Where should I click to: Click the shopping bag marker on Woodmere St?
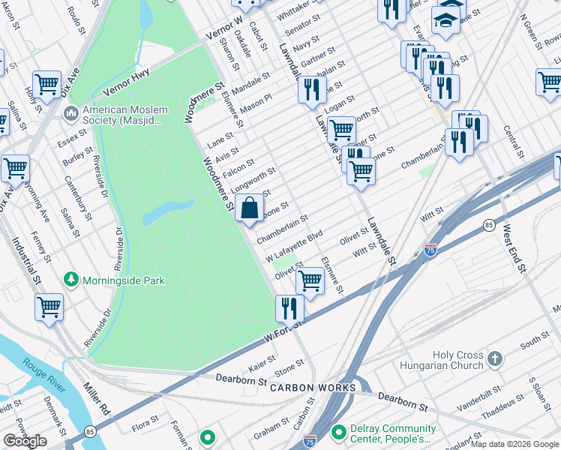250,208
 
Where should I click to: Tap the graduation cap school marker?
445,22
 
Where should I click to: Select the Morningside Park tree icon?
71,280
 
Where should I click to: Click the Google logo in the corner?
25,441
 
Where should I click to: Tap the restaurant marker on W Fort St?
289,307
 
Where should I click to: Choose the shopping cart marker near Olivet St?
310,280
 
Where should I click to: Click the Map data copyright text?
514,445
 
